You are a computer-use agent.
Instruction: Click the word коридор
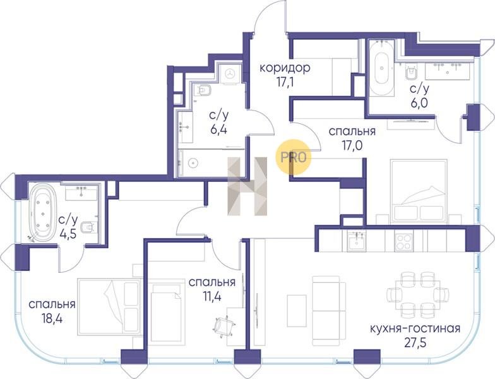click(285, 68)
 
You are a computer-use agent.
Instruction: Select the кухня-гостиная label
click(415, 328)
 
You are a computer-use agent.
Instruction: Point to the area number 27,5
click(415, 344)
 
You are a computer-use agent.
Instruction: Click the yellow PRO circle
click(294, 157)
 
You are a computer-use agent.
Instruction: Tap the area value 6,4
click(218, 130)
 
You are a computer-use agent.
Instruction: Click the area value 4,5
click(68, 234)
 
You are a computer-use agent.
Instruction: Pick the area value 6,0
click(419, 104)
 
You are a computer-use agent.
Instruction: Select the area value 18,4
click(52, 318)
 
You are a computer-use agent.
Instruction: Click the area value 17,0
click(352, 145)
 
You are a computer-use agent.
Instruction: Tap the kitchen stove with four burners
click(403, 241)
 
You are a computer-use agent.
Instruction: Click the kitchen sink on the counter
click(357, 241)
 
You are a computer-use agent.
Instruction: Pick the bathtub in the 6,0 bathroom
click(381, 68)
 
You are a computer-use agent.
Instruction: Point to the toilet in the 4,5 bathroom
click(89, 226)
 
